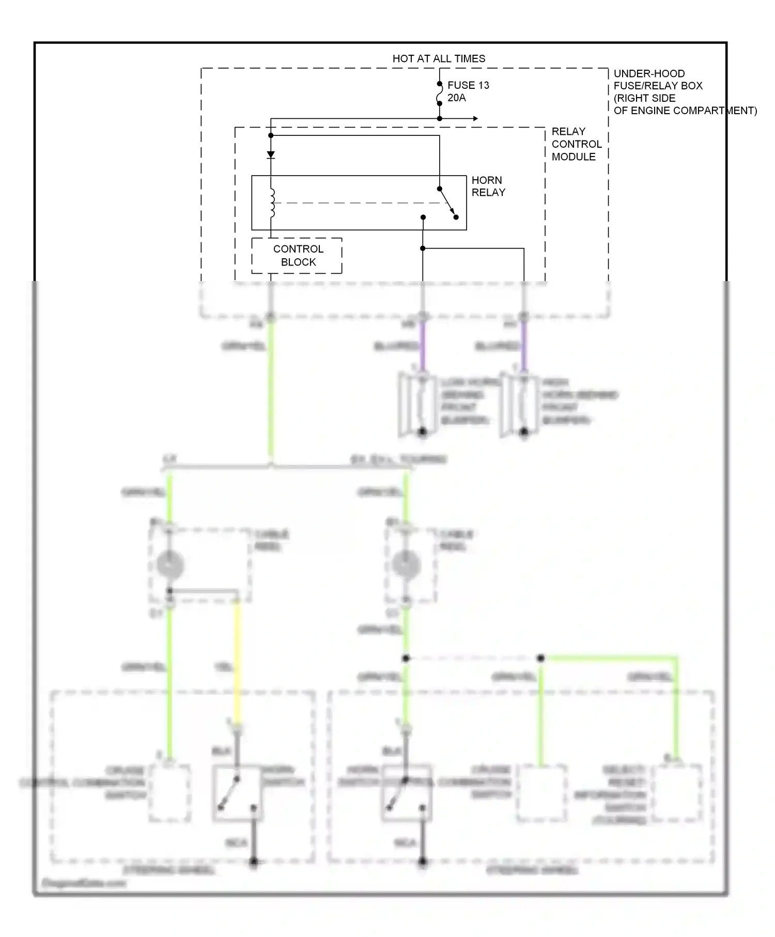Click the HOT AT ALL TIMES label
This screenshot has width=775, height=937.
pos(439,58)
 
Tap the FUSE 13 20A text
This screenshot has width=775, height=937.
pos(468,91)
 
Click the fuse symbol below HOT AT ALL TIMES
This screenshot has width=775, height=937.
pos(439,93)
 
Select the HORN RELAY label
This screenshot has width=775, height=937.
pos(488,186)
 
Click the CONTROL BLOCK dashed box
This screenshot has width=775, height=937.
pos(297,256)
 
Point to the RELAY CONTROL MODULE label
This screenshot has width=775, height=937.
pos(576,144)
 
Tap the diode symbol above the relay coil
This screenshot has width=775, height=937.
pos(271,154)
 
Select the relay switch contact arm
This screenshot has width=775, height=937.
pos(447,202)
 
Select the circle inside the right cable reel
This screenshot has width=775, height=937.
pos(406,564)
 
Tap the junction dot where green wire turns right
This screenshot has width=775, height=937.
pos(540,658)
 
